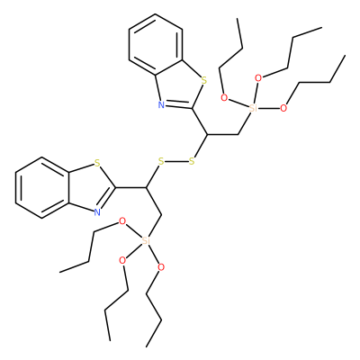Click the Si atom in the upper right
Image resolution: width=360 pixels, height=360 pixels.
[254, 108]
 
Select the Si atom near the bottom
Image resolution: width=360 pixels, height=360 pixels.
[146, 240]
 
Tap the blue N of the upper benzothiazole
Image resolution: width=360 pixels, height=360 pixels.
[161, 104]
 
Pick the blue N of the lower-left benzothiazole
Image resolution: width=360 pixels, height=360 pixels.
[97, 212]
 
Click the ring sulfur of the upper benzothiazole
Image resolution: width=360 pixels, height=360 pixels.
[204, 80]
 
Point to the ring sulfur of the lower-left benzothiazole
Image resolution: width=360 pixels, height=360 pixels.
[96, 163]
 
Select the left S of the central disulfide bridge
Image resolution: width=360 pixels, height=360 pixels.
[161, 162]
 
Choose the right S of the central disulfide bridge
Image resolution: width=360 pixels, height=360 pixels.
[192, 162]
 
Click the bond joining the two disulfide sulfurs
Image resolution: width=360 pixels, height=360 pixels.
[176, 162]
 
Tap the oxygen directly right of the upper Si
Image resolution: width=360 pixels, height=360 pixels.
[283, 108]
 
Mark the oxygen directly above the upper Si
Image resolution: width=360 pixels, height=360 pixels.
[258, 78]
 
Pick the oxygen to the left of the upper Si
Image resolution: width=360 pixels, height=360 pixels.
[224, 98]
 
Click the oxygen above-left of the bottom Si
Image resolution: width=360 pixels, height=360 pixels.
[121, 221]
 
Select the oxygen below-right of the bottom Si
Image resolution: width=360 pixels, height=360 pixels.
[161, 267]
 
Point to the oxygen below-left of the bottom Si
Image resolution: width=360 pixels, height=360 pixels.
[122, 260]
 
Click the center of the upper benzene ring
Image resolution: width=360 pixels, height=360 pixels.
[156, 45]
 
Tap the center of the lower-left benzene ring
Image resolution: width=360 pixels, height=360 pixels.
[42, 188]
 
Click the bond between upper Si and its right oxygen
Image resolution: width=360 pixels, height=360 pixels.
[268, 108]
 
